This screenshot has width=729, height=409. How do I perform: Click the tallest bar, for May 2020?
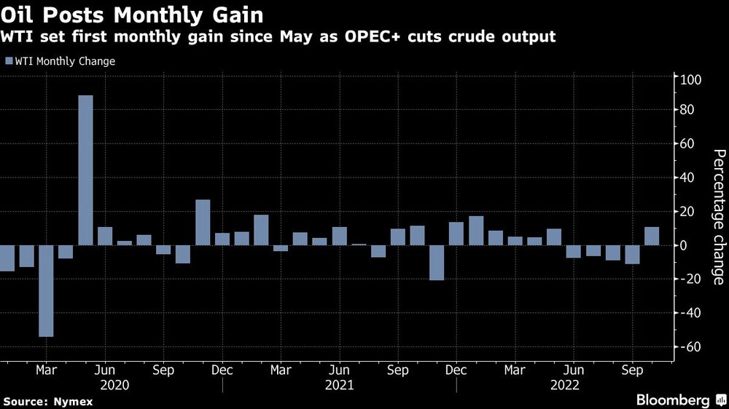point(85,170)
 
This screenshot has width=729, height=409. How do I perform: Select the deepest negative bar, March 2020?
point(46,291)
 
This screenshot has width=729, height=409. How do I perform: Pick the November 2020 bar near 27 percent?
point(203,222)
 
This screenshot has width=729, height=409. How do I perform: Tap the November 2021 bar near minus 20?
point(437,263)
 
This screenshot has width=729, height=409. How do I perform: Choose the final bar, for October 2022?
point(652,237)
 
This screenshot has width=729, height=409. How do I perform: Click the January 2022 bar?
point(476,231)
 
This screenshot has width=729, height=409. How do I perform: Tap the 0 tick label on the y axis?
point(686,246)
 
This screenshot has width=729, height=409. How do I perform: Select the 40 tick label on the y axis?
point(689,178)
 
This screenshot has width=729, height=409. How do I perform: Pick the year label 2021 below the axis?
point(339,384)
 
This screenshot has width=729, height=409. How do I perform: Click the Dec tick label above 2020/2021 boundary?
point(222,370)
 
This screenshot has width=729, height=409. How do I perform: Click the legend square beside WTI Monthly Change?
point(9,62)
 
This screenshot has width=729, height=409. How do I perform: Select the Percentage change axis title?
point(718,217)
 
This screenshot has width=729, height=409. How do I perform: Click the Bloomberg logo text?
point(673,400)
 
